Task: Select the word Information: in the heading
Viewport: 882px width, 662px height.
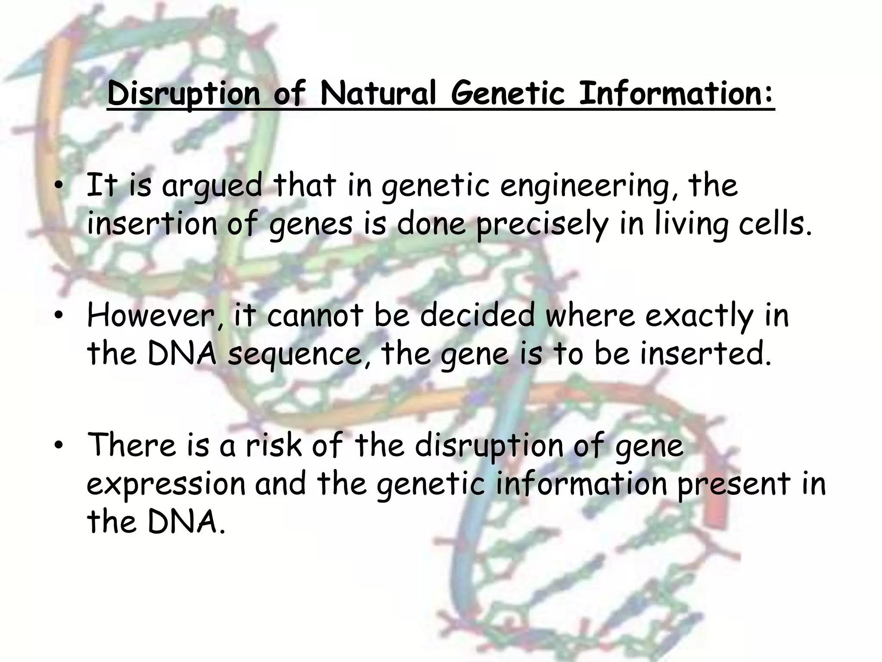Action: coord(676,93)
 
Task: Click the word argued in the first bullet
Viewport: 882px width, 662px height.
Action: coord(212,186)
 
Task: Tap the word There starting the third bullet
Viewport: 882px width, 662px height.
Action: coord(132,445)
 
